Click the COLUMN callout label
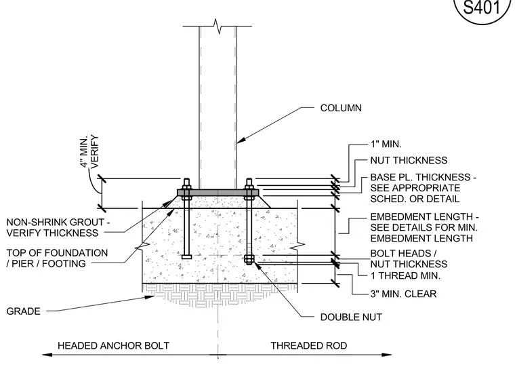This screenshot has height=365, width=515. [x=341, y=108]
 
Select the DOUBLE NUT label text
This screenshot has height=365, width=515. [x=351, y=317]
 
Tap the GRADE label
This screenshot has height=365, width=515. [x=23, y=311]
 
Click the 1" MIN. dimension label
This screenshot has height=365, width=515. [x=386, y=144]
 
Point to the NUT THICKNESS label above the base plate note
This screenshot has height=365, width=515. [x=409, y=161]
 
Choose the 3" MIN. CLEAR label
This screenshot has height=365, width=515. [x=404, y=294]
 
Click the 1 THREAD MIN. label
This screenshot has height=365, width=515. [x=405, y=275]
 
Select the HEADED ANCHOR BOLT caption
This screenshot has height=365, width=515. [x=113, y=345]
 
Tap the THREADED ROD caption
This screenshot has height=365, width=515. [x=309, y=345]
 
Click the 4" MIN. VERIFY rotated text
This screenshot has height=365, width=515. [x=89, y=151]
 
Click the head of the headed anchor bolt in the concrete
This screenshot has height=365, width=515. [x=186, y=256]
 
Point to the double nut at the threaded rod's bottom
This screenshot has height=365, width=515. [x=249, y=259]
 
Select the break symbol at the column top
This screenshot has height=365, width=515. [x=217, y=26]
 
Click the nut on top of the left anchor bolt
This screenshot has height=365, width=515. [x=186, y=186]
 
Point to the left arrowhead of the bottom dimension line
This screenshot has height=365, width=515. [x=47, y=355]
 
